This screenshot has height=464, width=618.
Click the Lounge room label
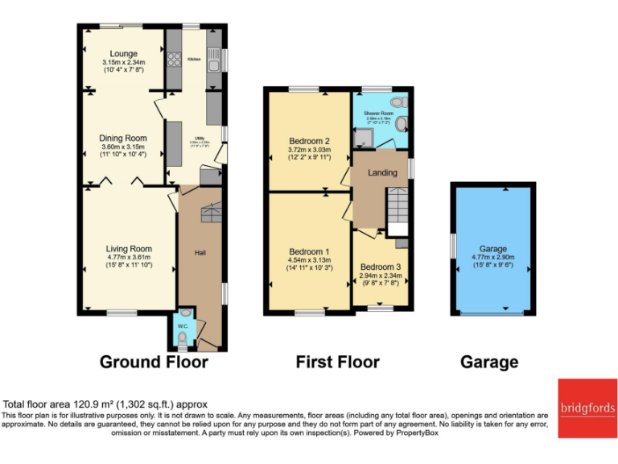click(x=123, y=54)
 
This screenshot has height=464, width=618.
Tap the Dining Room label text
click(x=123, y=139)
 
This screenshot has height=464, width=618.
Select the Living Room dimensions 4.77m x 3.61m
click(x=130, y=258)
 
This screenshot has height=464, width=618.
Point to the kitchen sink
click(x=214, y=56)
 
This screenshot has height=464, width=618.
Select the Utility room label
click(x=193, y=139)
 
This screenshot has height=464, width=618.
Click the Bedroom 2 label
click(x=310, y=141)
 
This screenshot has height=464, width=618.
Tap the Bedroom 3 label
click(x=379, y=267)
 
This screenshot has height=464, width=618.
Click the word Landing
click(x=382, y=172)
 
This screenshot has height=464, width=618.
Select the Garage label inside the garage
click(x=492, y=250)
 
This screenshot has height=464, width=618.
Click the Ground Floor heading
click(x=154, y=362)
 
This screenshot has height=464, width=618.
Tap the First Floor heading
click(x=337, y=362)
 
